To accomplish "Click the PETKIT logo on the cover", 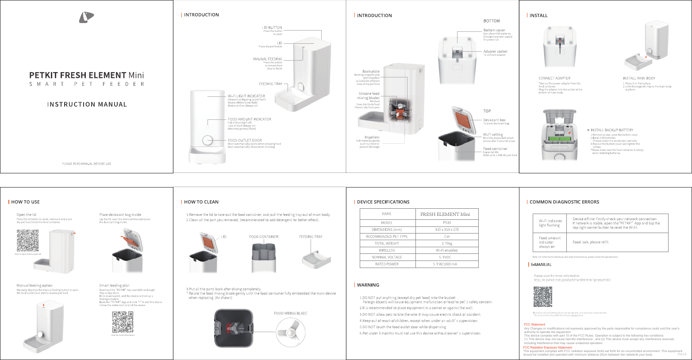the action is click(86, 17).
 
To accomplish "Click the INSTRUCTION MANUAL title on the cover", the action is click(87, 105).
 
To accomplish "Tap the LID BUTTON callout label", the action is click(272, 27).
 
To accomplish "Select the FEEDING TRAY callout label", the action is click(270, 84).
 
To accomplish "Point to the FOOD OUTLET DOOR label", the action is click(245, 140).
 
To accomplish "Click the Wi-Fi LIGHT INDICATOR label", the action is click(246, 96).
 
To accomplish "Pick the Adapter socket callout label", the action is click(495, 51).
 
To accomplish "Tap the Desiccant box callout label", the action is click(494, 120).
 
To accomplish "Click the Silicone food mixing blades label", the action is click(369, 96).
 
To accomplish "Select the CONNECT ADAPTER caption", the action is click(554, 78).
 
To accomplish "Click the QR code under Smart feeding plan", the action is click(123, 322).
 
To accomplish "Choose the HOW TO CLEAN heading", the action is click(201, 202).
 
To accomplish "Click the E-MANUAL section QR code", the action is click(542, 297).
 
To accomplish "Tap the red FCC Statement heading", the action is click(534, 325).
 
